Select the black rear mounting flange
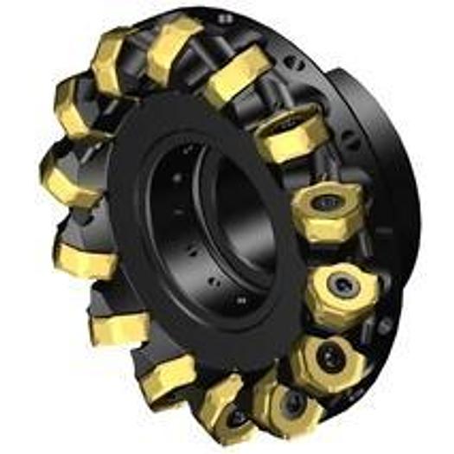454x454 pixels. pyautogui.click(x=380, y=130)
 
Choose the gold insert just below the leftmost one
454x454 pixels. pyautogui.click(x=82, y=251)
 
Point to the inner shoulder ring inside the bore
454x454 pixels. pyautogui.click(x=251, y=216)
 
